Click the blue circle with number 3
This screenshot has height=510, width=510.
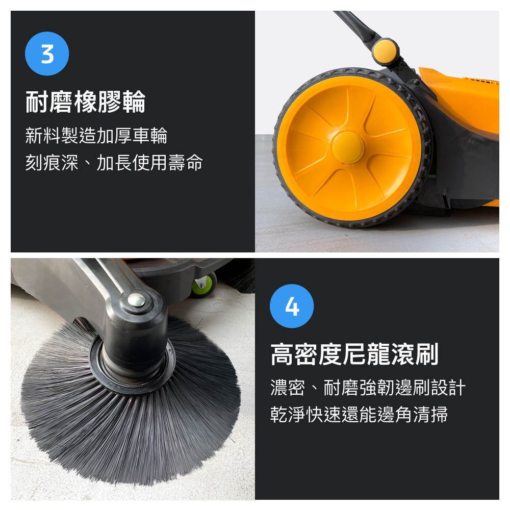pyautogui.click(x=47, y=54)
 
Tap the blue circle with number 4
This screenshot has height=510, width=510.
pyautogui.click(x=292, y=306)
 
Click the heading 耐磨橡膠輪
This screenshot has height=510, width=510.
pyautogui.click(x=86, y=101)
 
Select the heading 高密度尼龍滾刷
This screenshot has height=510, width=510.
pyautogui.click(x=354, y=354)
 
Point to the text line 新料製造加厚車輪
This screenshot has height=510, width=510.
pyautogui.click(x=96, y=136)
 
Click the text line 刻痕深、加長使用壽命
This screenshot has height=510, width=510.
pyautogui.click(x=114, y=163)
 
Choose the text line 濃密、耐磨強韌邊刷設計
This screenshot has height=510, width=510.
pyautogui.click(x=368, y=388)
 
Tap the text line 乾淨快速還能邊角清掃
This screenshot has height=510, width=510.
pyautogui.click(x=359, y=415)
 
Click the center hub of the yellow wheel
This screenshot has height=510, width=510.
pyautogui.click(x=348, y=147)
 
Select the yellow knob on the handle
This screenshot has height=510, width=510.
pyautogui.click(x=385, y=50)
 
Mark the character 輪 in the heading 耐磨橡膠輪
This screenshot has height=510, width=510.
pyautogui.click(x=134, y=101)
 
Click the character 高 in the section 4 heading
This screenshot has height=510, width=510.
pyautogui.click(x=282, y=354)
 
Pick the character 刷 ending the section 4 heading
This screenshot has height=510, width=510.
pyautogui.click(x=427, y=354)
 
